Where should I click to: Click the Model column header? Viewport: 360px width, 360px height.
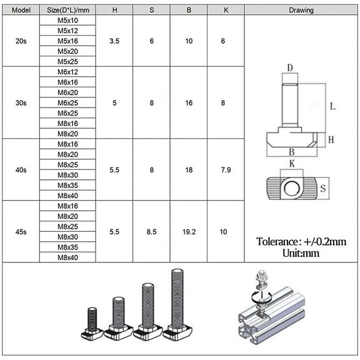click(x=21, y=10)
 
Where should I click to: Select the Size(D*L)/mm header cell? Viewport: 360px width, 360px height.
click(x=68, y=10)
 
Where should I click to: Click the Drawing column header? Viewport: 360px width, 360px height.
click(x=301, y=10)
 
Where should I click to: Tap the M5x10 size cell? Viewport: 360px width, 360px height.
click(x=67, y=21)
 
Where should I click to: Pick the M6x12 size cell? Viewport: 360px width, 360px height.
click(x=67, y=72)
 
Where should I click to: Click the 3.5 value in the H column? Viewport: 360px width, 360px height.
click(x=114, y=41)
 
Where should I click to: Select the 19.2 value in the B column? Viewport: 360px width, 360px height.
click(x=189, y=232)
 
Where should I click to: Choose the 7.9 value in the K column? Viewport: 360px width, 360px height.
click(x=226, y=170)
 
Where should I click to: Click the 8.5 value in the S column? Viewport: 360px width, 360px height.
click(x=151, y=232)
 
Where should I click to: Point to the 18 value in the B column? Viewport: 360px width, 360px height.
click(x=189, y=170)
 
